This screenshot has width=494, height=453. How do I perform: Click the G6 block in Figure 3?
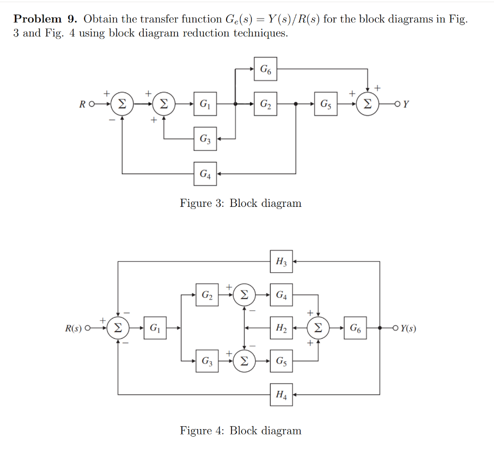click(x=265, y=69)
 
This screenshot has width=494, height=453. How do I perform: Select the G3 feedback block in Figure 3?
click(x=205, y=139)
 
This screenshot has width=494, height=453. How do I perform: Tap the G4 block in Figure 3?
click(x=205, y=174)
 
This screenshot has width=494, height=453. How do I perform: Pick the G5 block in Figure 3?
click(x=325, y=103)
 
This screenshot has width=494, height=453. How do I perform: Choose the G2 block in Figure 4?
click(x=207, y=295)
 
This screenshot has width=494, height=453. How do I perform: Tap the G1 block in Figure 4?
click(x=155, y=328)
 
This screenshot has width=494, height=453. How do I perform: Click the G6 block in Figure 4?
click(x=355, y=328)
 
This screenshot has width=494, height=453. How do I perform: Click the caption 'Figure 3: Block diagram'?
click(x=240, y=204)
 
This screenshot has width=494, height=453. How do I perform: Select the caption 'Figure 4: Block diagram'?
click(x=240, y=431)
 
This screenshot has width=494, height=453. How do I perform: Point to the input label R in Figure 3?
click(x=82, y=104)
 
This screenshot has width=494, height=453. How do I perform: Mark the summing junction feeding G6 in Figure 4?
click(x=319, y=328)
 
